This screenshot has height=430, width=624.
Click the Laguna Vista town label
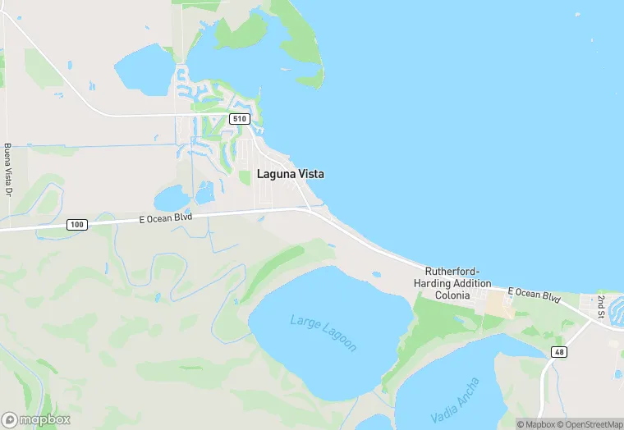[290, 174]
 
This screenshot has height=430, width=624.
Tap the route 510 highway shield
[239, 119]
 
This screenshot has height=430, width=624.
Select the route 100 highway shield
[76, 224]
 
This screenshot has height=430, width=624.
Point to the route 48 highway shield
[558, 351]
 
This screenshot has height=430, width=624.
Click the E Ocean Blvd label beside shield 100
[165, 217]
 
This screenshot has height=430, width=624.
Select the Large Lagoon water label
[323, 332]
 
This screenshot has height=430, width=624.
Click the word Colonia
[452, 295]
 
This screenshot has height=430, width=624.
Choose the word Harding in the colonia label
[432, 283]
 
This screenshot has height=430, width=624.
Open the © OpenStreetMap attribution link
[589, 424]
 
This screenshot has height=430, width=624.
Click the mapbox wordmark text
[46, 419]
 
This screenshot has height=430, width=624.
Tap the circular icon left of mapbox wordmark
[11, 419]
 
